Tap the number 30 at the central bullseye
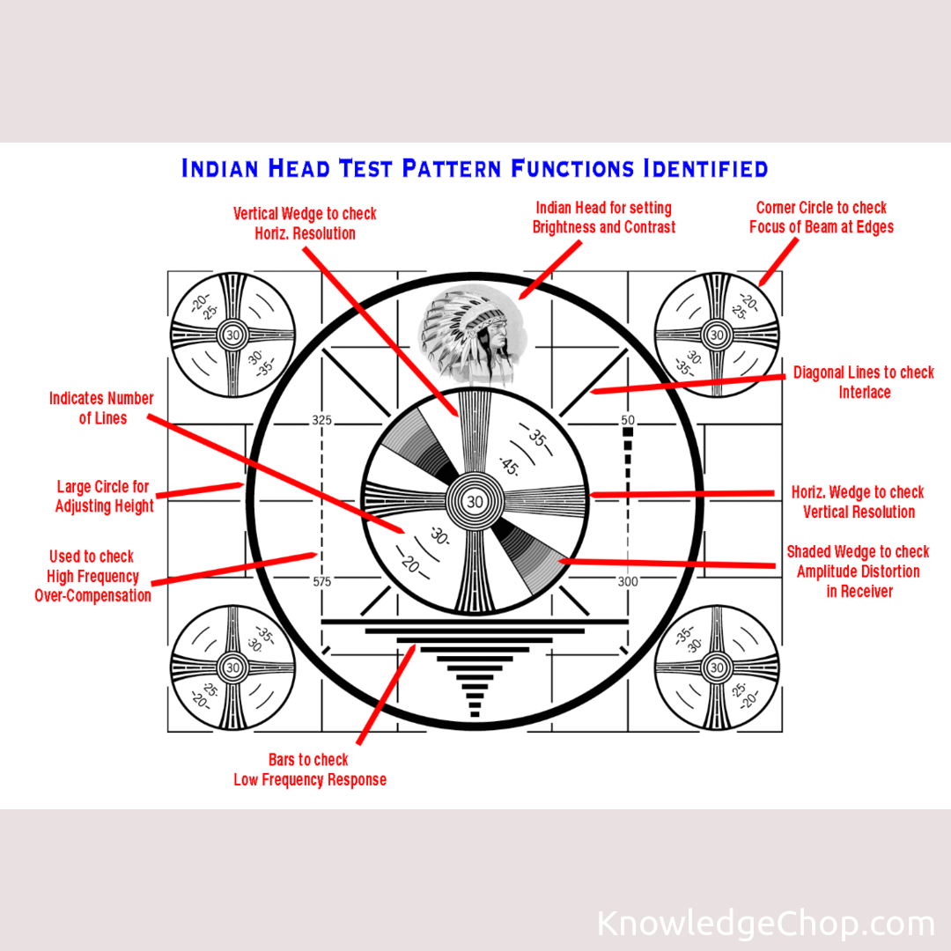pos(475,502)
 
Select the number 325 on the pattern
pos(321,421)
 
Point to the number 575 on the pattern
pos(321,581)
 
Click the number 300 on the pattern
pos(628,581)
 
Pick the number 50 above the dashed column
pos(628,421)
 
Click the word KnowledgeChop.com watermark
pos(765,924)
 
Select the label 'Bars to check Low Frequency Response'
pos(309,770)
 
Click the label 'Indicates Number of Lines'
pos(101,409)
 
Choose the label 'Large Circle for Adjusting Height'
pos(104,497)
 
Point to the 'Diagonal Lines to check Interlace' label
pos(864,382)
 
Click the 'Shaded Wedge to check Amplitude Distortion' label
pos(859,571)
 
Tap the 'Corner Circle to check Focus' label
pos(822,217)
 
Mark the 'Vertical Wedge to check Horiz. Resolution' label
pos(305,224)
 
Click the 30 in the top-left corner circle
pos(233,335)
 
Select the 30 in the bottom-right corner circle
pos(717,668)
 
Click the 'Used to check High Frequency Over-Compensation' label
pos(92,576)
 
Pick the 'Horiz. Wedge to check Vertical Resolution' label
pos(858,502)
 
